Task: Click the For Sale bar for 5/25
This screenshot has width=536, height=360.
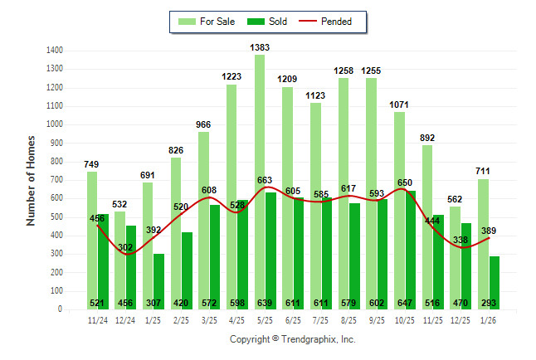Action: pos(260,182)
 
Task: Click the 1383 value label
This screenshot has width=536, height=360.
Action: pos(260,47)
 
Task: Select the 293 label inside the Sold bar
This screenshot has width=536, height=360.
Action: pos(488,303)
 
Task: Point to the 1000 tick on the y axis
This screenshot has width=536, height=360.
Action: pos(56,124)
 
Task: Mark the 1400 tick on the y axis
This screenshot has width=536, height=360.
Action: pos(56,51)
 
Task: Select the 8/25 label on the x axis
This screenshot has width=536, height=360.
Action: pos(348,319)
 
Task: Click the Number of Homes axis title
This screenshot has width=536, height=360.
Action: pos(32,180)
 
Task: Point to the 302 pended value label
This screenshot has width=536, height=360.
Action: pos(125,247)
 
